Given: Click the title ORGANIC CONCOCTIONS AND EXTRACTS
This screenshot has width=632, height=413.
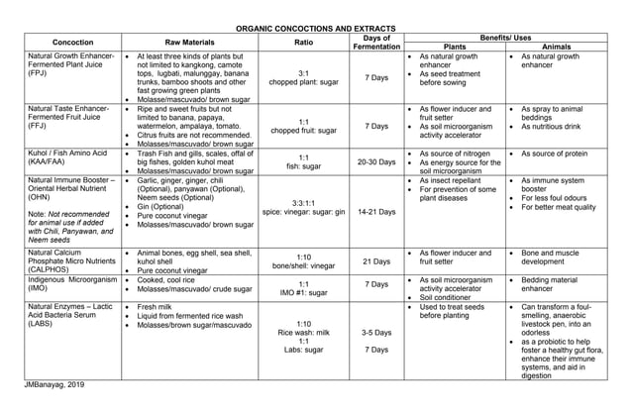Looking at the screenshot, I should pos(315,29).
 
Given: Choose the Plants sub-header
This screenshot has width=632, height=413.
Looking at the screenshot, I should pos(454,48).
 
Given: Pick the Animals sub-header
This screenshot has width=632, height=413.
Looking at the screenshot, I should pos(560,48).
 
